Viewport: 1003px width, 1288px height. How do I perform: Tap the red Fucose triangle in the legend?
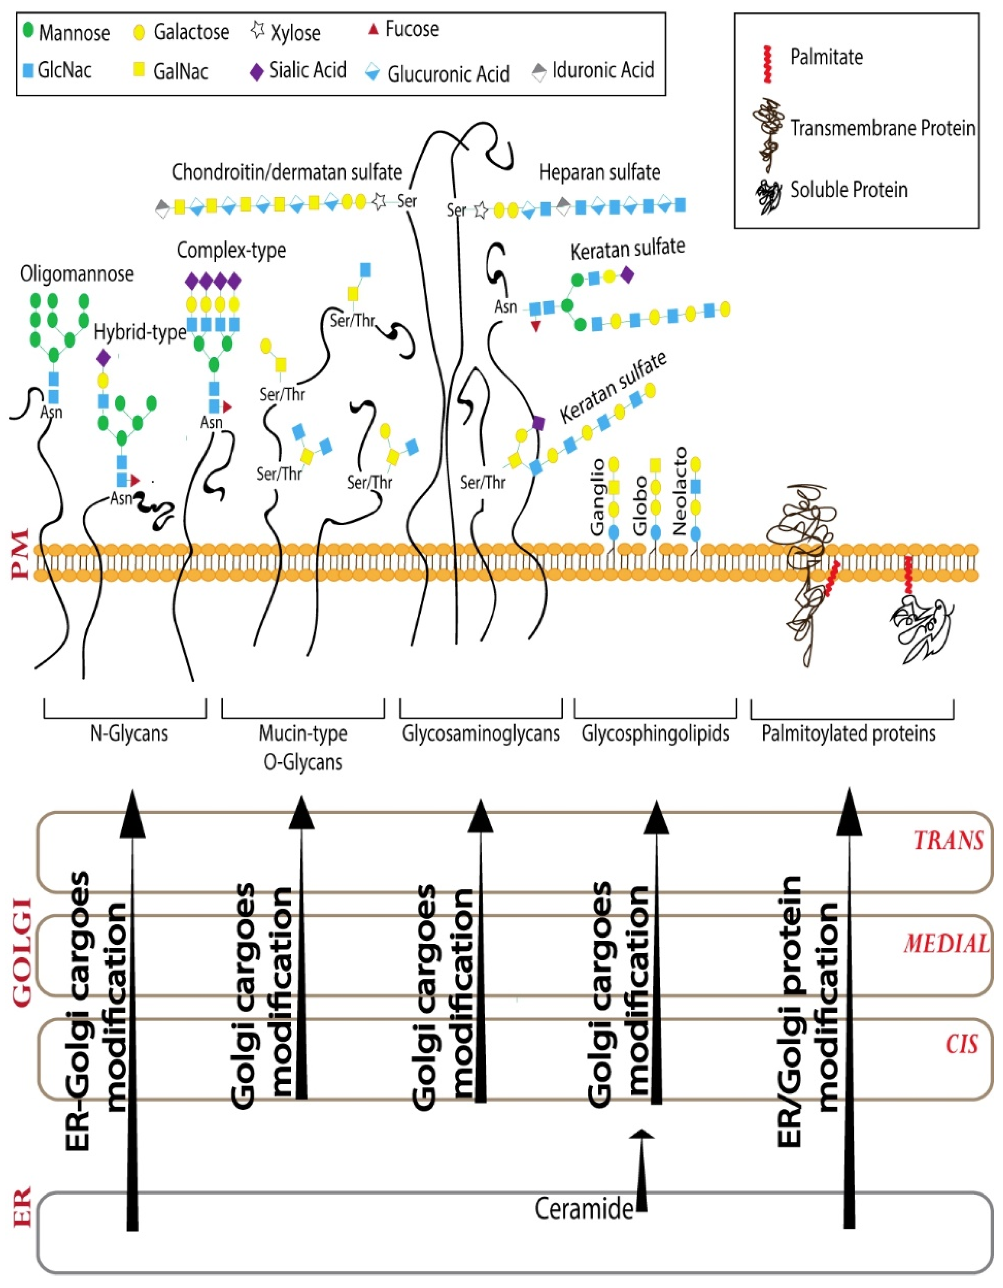pos(372,29)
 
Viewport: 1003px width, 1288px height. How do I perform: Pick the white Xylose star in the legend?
pos(258,31)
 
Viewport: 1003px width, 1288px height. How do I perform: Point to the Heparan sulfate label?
pos(599,173)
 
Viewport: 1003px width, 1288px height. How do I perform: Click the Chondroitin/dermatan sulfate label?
pos(287,172)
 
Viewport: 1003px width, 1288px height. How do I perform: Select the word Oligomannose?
pos(77,274)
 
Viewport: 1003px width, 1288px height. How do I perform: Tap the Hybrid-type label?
pos(140,333)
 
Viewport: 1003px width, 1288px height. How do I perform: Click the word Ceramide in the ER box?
pos(584,1209)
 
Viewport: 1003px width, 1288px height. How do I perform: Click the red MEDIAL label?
pos(946,944)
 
